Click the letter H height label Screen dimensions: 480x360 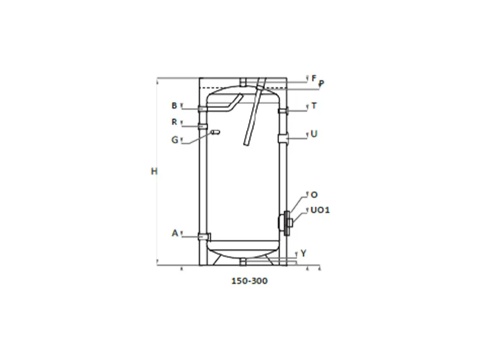click(x=154, y=172)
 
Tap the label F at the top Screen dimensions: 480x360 click(x=314, y=79)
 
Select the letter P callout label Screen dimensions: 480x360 click(x=321, y=83)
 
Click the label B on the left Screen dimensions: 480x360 click(x=174, y=106)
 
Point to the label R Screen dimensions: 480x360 click(x=174, y=122)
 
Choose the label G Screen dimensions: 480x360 click(x=175, y=140)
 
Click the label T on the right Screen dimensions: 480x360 click(x=314, y=106)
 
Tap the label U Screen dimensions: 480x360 click(x=314, y=134)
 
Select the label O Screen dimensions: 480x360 click(x=314, y=194)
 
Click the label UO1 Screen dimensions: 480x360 click(x=320, y=210)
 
